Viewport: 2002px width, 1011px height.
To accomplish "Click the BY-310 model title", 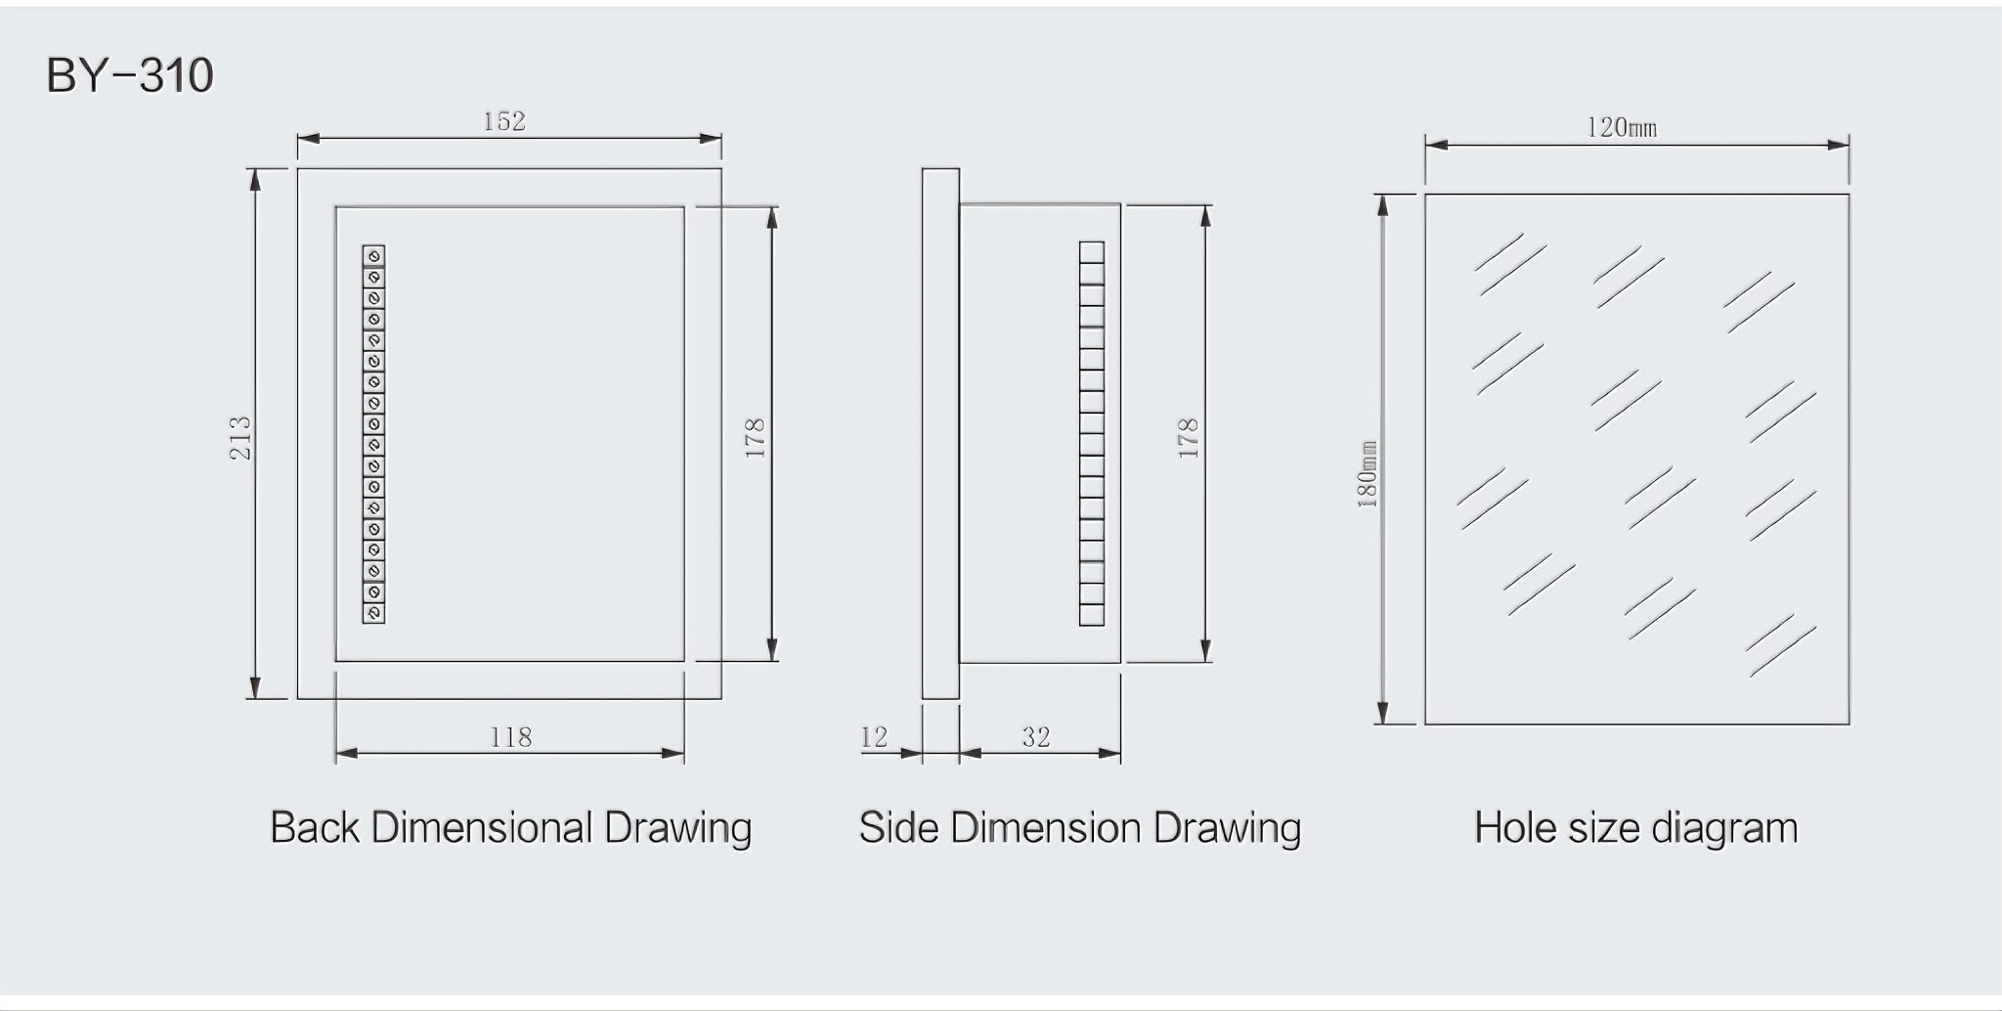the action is coord(130,76).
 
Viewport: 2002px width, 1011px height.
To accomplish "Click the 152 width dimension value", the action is coord(504,121).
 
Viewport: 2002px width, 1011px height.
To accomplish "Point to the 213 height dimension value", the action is coord(240,437).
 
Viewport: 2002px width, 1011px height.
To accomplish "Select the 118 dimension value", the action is coord(510,737).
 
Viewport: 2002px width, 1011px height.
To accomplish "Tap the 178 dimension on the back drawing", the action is coord(755,437).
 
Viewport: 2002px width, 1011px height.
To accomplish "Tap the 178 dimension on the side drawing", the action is coord(1188,437).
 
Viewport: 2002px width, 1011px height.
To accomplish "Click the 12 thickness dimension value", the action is coord(874,737).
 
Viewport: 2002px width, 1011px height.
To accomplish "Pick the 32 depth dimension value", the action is coord(1036,737).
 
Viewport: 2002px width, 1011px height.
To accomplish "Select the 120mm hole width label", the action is coord(1622,128).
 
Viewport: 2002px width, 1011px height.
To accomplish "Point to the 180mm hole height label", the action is coord(1368,473).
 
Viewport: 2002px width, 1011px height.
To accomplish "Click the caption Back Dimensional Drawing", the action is coord(510,828).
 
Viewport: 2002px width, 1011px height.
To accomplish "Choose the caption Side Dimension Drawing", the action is coord(1079,828).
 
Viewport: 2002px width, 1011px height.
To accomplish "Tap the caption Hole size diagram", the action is coord(1635,828).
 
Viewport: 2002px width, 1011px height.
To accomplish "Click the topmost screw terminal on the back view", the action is coord(373,256).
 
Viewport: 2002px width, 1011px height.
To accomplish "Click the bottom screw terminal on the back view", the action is coord(373,613).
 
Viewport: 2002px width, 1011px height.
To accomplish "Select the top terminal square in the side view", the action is coord(1092,252).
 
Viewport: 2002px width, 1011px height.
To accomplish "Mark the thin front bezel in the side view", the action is coord(940,434).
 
